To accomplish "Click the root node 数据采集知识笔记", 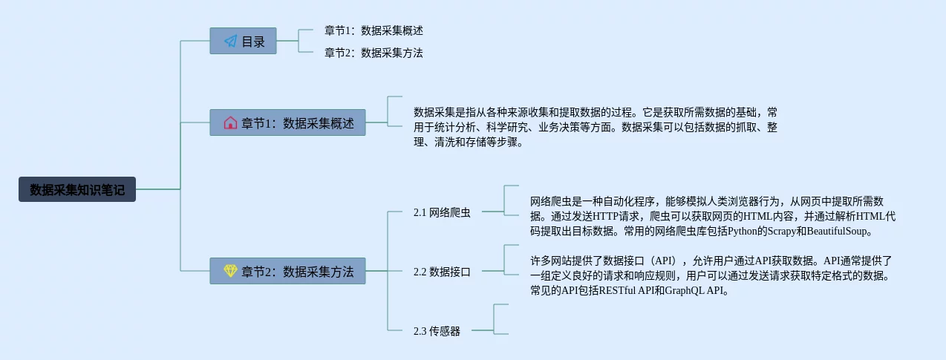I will coord(77,189).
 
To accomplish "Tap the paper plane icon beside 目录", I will coord(230,42).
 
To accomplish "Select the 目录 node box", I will coord(243,42).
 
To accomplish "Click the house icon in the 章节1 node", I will coord(230,122).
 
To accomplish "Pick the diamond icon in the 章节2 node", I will coord(230,271).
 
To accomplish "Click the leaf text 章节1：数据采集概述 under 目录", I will coord(373,31).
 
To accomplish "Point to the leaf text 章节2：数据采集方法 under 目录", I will coord(373,53).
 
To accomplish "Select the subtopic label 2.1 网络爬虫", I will coord(442,213).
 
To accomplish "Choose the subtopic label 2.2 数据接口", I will coord(442,272).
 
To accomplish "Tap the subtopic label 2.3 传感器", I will coord(437,331).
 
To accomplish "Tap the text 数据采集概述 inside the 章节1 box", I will coord(319,122).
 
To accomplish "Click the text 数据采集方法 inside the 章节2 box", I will coord(319,271).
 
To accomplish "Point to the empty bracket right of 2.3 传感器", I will coord(500,319).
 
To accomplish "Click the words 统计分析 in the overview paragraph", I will coord(467,127).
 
